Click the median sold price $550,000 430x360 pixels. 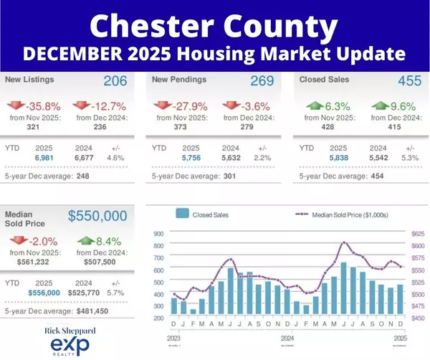tap(97, 216)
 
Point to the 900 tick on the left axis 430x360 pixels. tap(158, 233)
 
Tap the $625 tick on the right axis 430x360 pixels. tap(416, 233)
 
